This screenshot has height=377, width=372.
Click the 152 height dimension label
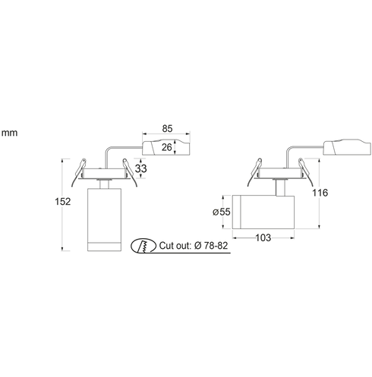coord(63,202)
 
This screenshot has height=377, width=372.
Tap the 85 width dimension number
coord(167,129)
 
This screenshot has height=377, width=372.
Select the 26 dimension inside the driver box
coord(167,147)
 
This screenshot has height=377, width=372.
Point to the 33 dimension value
coord(140,168)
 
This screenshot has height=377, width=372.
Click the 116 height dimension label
coord(320,193)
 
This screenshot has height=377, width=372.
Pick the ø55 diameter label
coord(222,212)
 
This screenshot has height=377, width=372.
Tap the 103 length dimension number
coord(263,237)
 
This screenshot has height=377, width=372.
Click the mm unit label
coord(9,133)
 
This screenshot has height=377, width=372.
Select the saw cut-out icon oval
coord(143,246)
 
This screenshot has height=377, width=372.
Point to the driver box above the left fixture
coord(166,147)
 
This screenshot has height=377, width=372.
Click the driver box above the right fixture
coord(347,146)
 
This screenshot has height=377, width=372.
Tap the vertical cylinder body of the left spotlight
coord(104,219)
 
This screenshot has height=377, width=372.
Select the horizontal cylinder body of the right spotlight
coord(263,212)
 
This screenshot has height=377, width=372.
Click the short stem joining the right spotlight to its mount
coord(279,188)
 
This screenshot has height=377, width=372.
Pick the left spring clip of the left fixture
coord(78,172)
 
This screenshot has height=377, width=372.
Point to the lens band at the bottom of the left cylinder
coord(104,247)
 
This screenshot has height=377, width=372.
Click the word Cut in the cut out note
coord(166,246)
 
